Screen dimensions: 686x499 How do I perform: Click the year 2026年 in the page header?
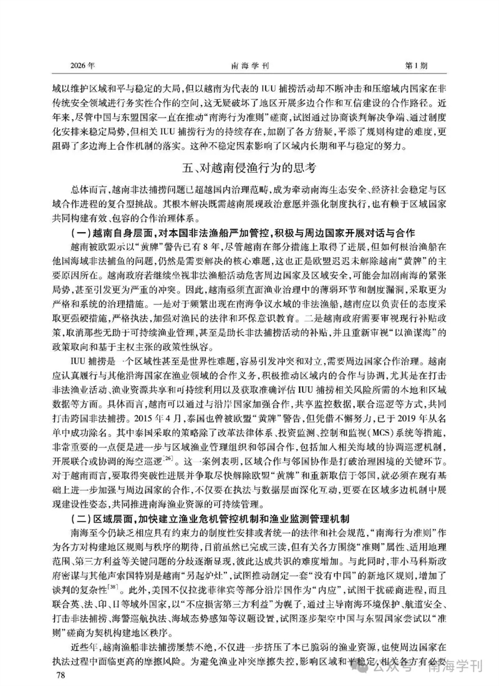coord(83,65)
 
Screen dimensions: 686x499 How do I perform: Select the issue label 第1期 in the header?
coord(416,65)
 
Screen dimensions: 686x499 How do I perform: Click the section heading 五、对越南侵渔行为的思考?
coord(249,167)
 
